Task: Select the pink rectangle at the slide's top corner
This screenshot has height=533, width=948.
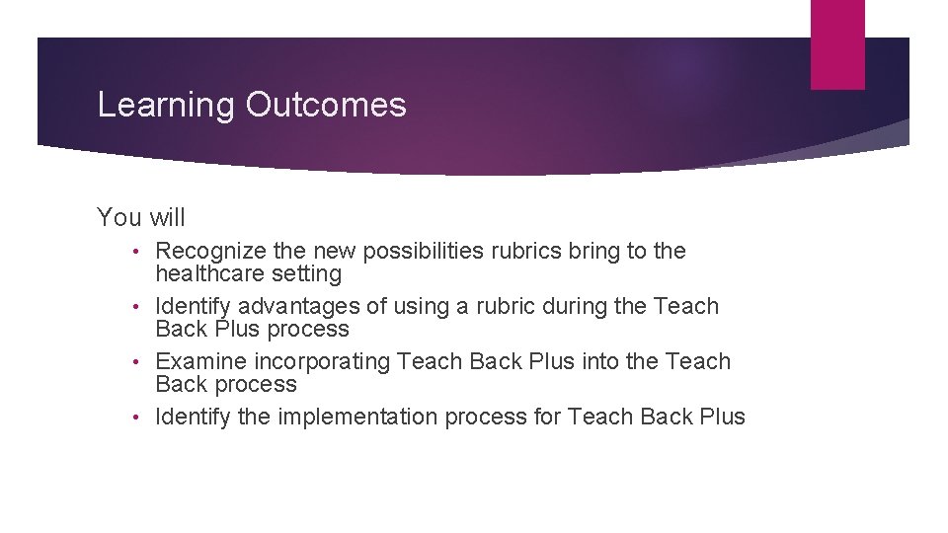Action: pos(837,44)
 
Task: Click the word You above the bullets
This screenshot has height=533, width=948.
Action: pos(119,216)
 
